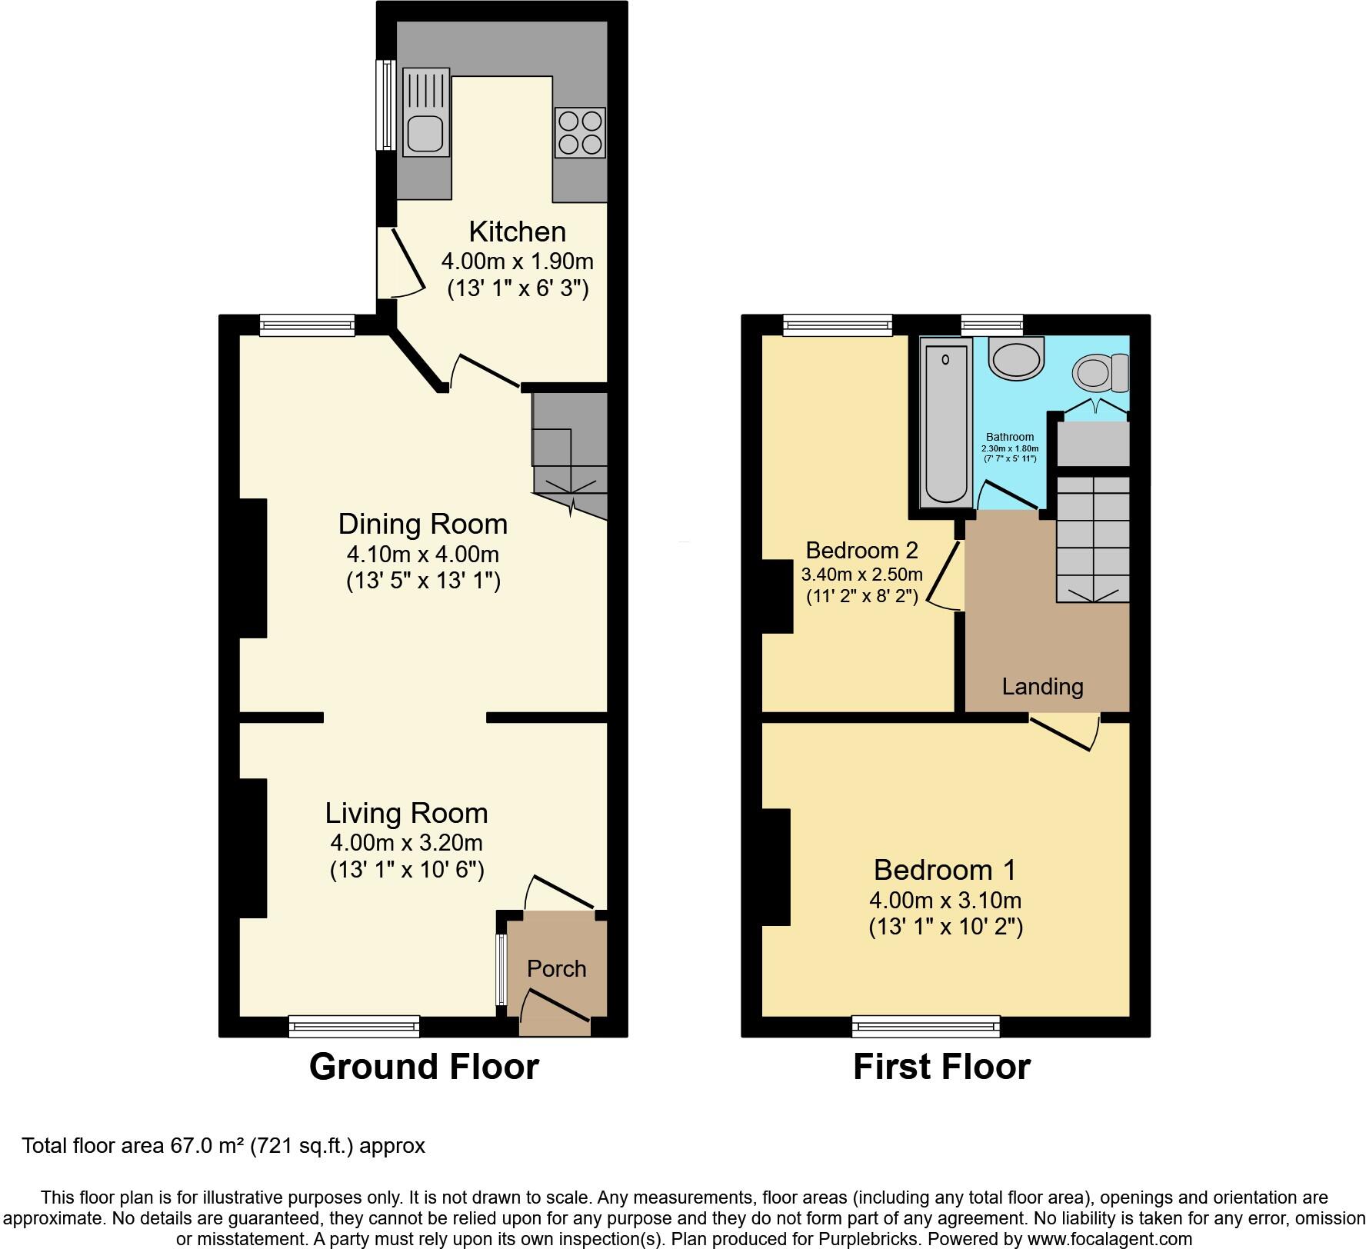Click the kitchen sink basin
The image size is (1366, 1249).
[x=425, y=133]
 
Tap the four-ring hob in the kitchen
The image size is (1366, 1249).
[x=580, y=132]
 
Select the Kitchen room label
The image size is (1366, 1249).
[x=517, y=231]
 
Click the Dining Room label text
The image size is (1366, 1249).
[x=423, y=525]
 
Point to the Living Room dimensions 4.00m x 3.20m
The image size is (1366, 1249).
[x=406, y=842]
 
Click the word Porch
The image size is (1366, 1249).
[x=556, y=969]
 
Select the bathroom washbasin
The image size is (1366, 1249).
[x=1016, y=358]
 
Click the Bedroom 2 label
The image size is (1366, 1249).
[x=861, y=551]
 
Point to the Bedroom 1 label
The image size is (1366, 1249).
[x=945, y=870]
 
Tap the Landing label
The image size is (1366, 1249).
[x=1042, y=687]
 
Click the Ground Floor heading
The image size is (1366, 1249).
[x=424, y=1067]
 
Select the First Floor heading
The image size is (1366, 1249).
[x=941, y=1067]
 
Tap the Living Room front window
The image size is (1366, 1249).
[x=355, y=1026]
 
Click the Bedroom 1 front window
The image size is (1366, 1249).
[x=925, y=1026]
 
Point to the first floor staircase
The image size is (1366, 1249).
[x=1093, y=538]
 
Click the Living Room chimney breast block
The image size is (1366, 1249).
[x=253, y=848]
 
